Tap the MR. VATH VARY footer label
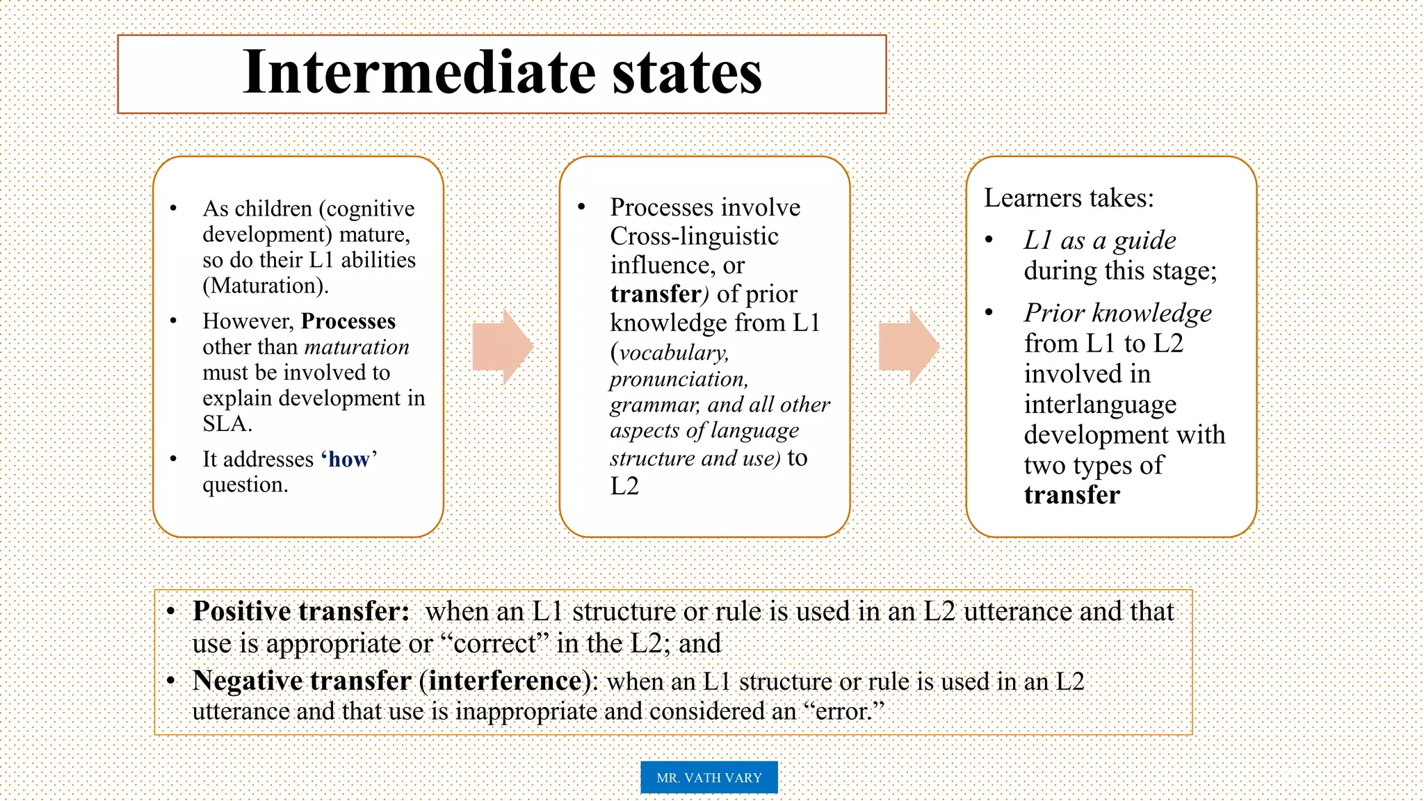[x=709, y=777]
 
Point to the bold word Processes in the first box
[x=348, y=321]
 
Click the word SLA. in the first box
[x=227, y=423]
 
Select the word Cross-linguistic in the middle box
[x=694, y=236]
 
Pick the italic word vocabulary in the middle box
[x=673, y=353]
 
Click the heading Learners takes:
[x=1069, y=198]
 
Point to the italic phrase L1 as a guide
[x=1100, y=241]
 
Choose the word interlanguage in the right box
[x=1100, y=404]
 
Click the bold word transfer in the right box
[x=1071, y=495]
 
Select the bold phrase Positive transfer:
[x=301, y=611]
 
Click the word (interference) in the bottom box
[x=505, y=681]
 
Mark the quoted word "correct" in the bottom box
[x=495, y=644]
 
